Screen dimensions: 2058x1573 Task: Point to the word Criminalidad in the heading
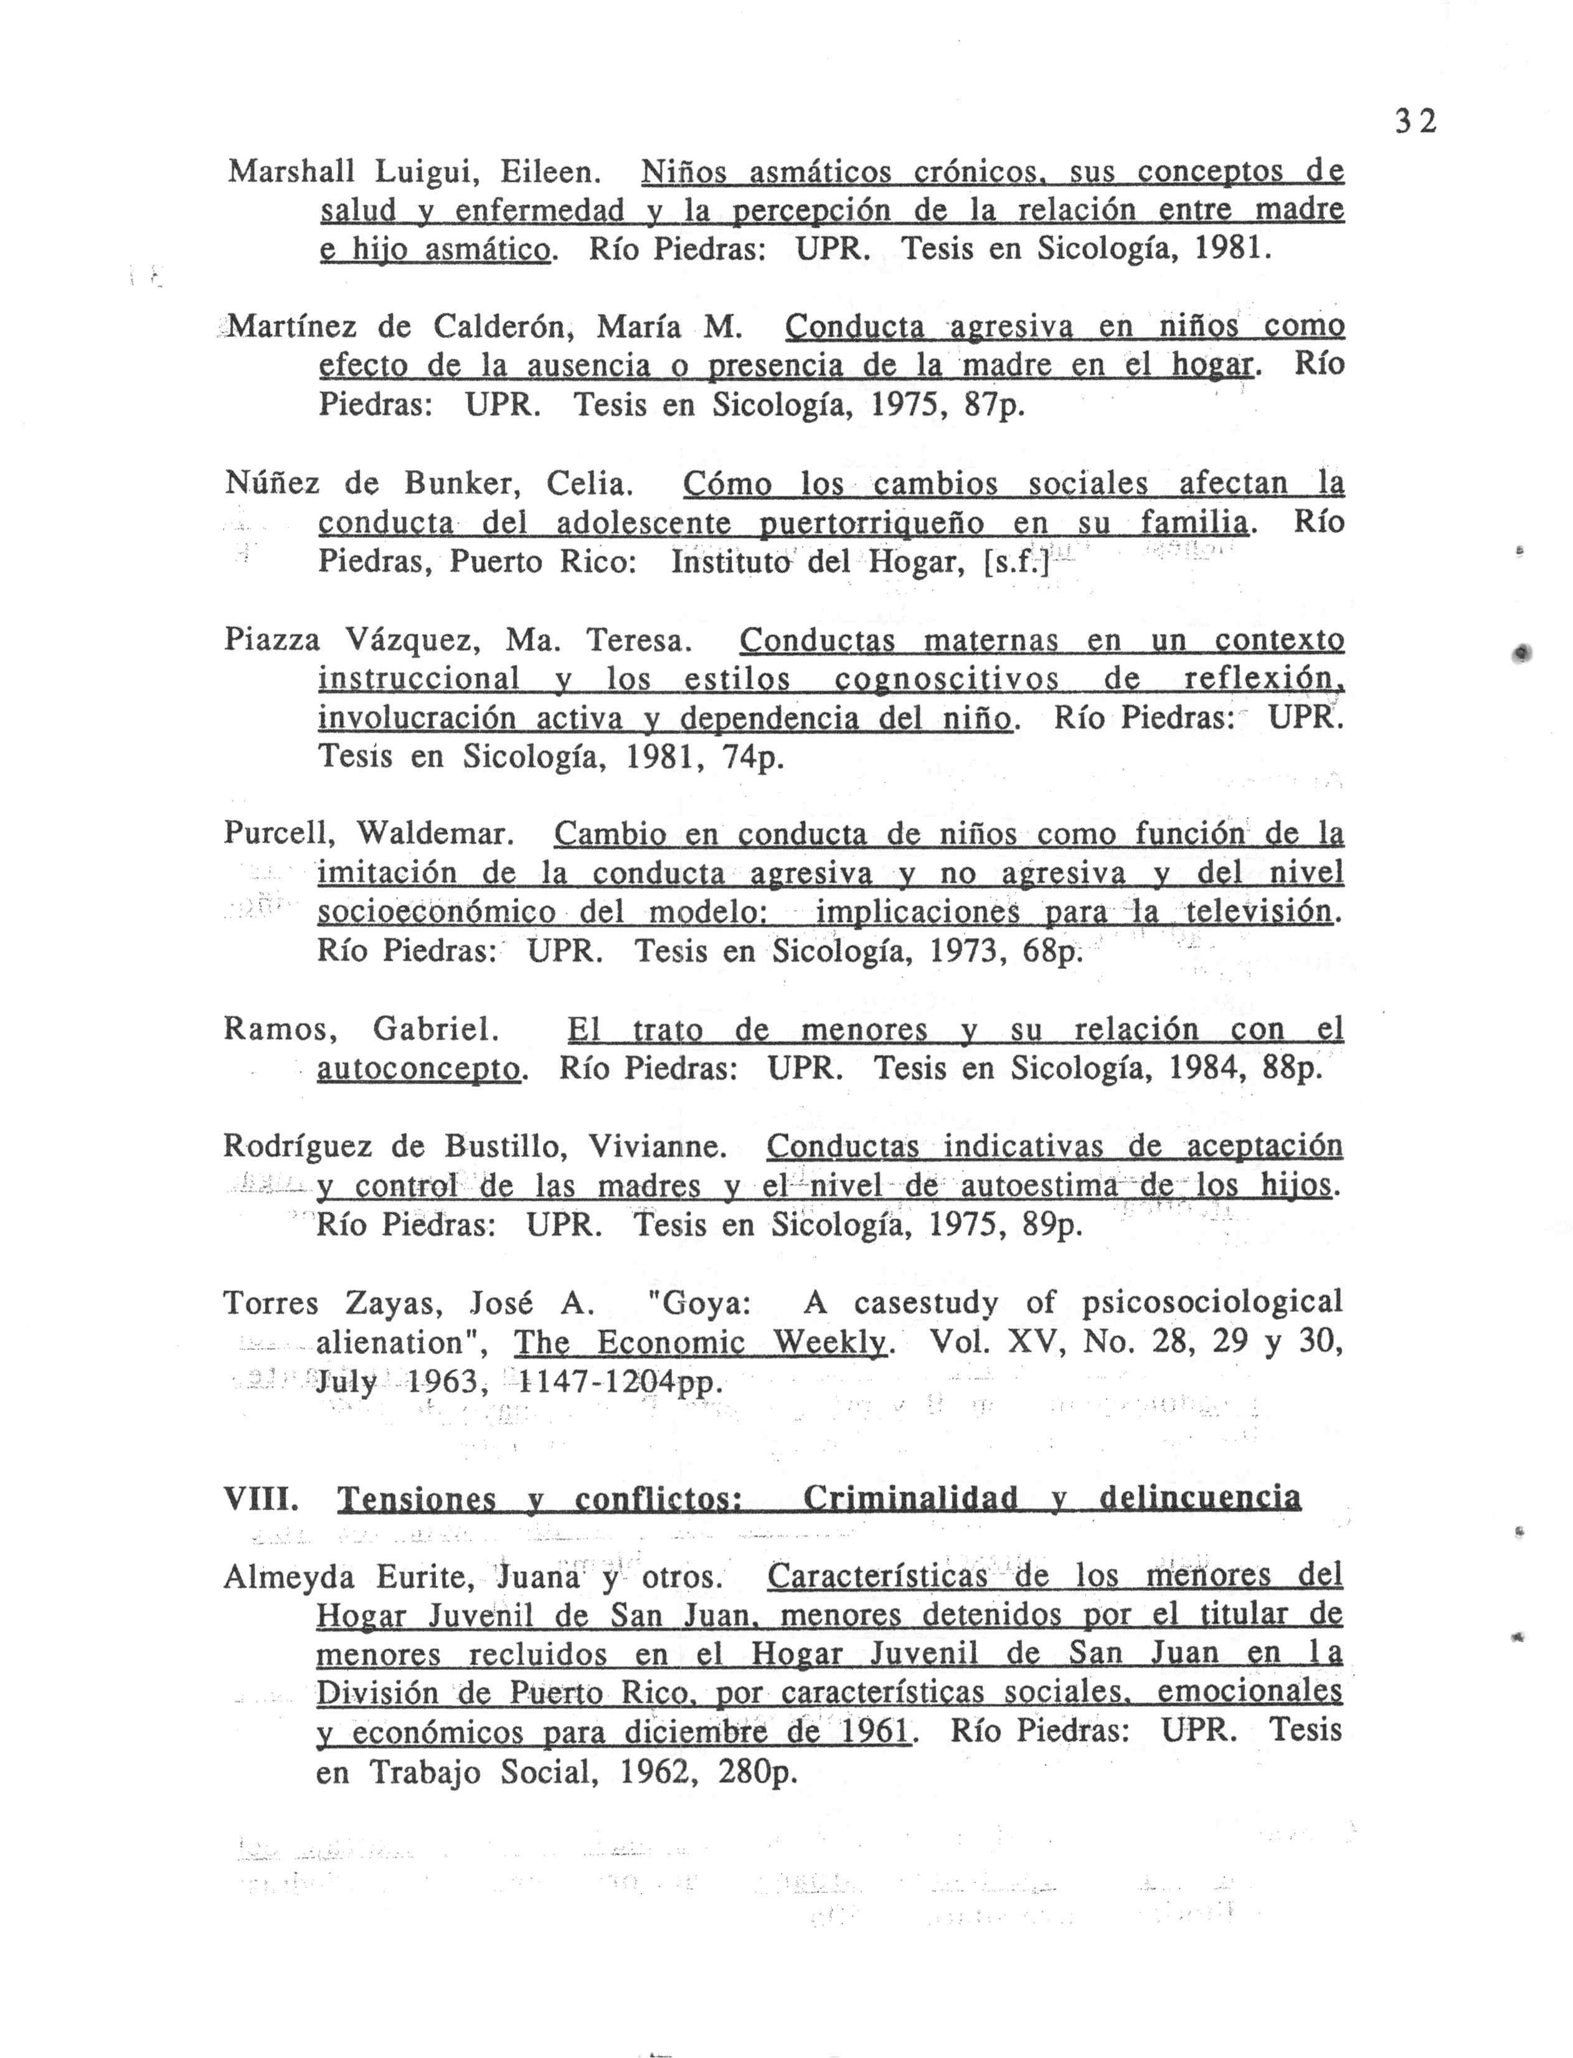909,1499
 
